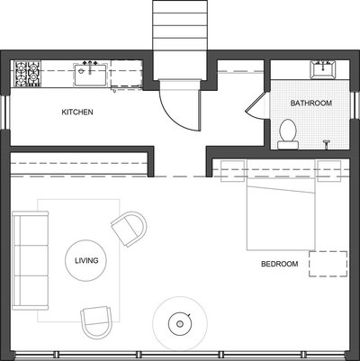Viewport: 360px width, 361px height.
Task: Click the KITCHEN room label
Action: tap(77, 113)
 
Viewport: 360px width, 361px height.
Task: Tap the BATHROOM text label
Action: tap(311, 104)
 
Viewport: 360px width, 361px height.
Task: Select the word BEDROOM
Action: tap(280, 264)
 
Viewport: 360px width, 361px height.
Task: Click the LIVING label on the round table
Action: tap(86, 260)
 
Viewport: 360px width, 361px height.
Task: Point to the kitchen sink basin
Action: tap(90, 74)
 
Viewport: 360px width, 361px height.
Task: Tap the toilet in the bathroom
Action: tap(288, 134)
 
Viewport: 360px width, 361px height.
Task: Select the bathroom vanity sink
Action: tap(323, 69)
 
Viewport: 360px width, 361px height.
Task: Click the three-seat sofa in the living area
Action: tap(31, 260)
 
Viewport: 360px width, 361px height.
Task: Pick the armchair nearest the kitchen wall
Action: tap(130, 229)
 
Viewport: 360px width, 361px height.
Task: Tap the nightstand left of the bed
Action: tap(232, 171)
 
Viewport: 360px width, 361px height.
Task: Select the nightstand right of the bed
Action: tap(329, 171)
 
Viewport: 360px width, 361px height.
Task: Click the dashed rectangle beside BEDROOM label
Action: tap(328, 264)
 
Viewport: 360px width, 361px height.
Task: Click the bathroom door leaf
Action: tap(255, 103)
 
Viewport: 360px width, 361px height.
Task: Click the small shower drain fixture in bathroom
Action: tap(327, 143)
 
